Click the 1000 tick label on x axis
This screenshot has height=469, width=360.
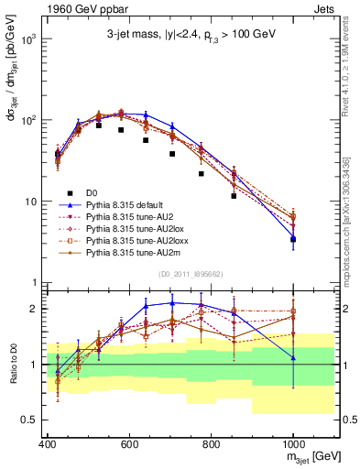(292, 443)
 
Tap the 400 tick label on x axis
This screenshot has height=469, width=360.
(48, 443)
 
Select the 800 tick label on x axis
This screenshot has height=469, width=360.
(211, 443)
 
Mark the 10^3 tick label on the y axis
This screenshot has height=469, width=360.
(28, 39)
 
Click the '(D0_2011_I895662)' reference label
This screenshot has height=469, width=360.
(191, 272)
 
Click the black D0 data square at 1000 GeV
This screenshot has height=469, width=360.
(293, 239)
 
